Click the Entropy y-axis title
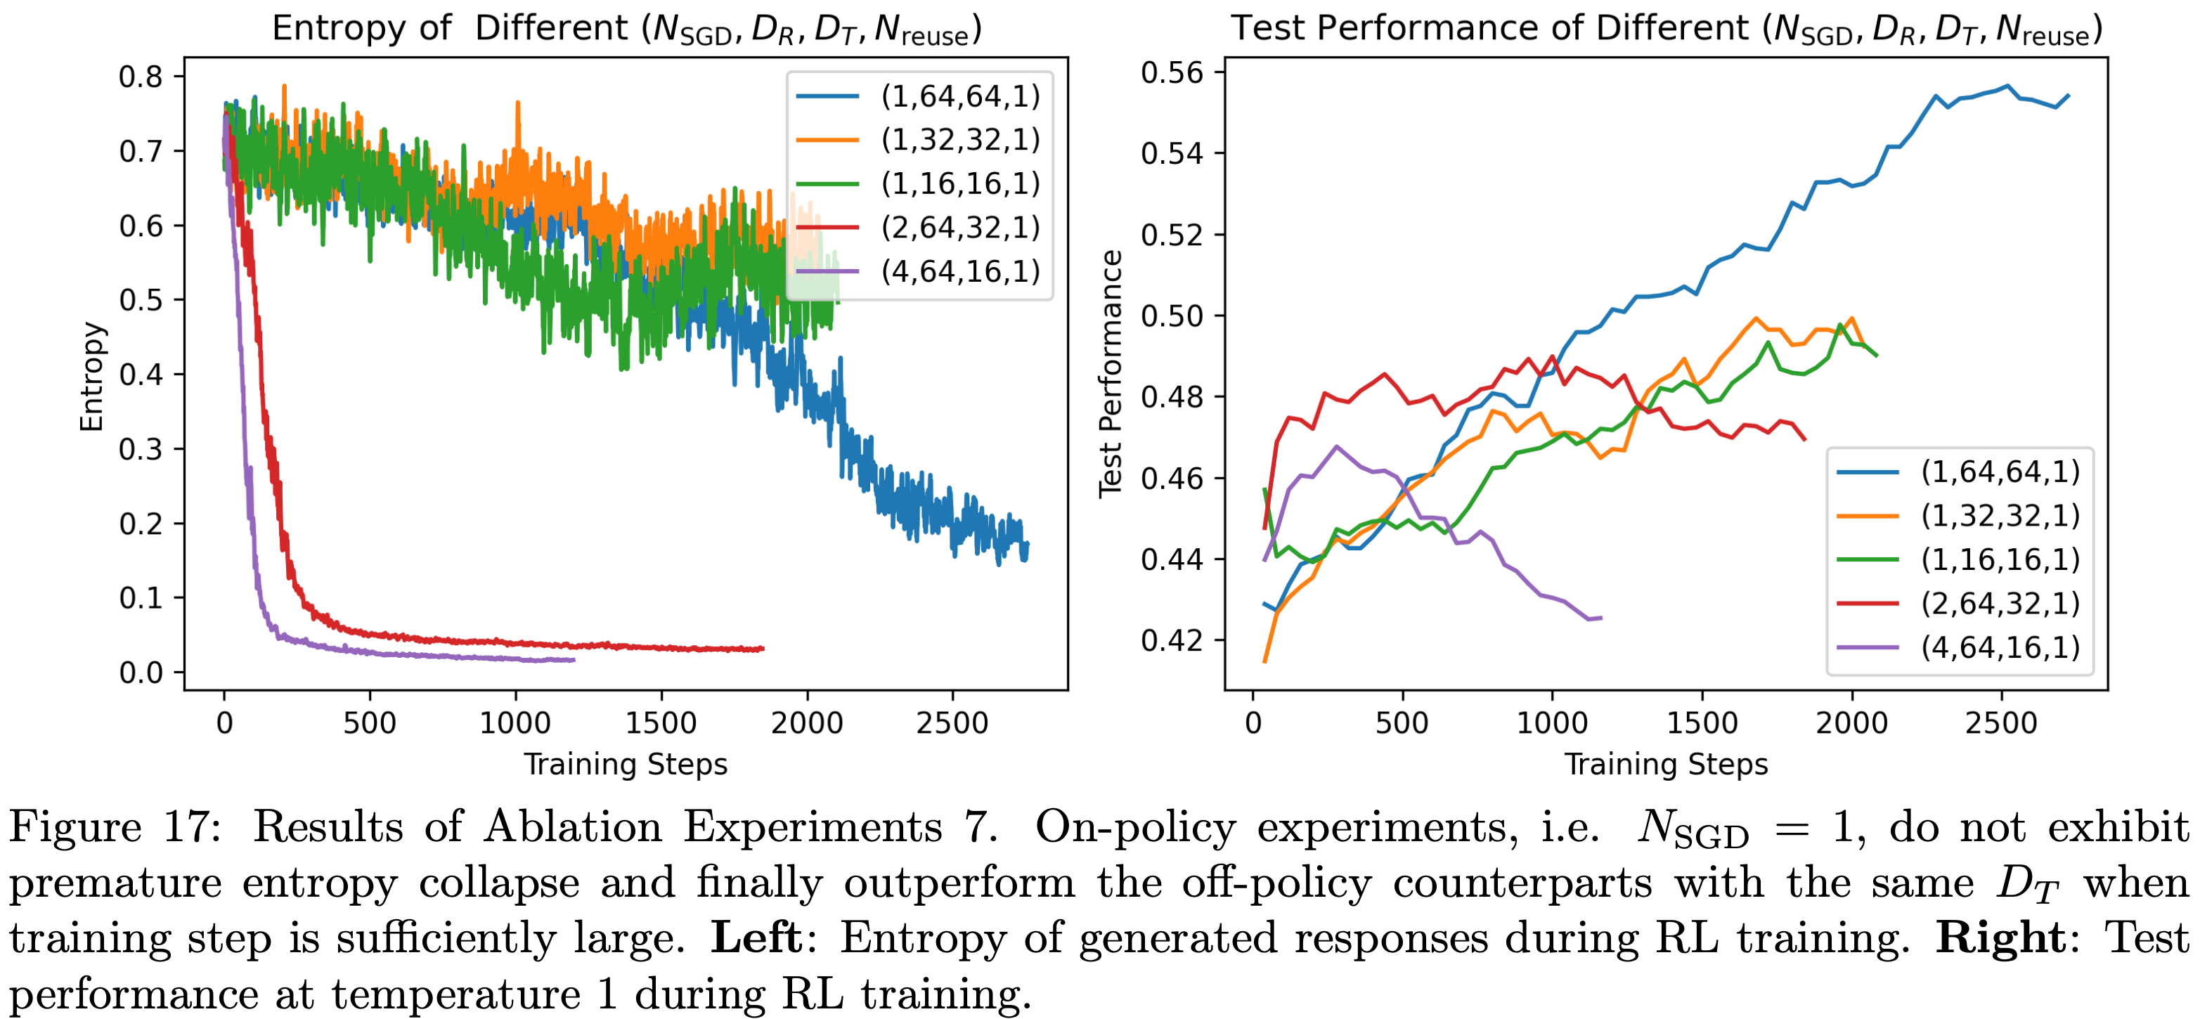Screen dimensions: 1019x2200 coord(91,377)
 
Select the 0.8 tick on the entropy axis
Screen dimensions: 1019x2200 coord(141,77)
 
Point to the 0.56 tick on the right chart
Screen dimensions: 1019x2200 coord(1172,72)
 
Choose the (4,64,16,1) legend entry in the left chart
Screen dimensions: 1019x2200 coord(960,272)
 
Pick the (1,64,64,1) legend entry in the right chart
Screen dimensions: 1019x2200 coord(2000,472)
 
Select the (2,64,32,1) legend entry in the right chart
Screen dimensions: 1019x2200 coord(2000,603)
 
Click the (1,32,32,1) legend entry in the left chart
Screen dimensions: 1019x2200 coord(960,139)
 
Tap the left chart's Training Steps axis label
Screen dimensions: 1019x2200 coord(625,764)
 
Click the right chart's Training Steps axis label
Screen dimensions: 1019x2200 coord(1665,764)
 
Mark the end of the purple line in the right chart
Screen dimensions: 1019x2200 coord(1600,618)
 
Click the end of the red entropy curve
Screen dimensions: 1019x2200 coord(763,649)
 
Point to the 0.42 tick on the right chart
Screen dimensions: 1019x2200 coord(1172,640)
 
